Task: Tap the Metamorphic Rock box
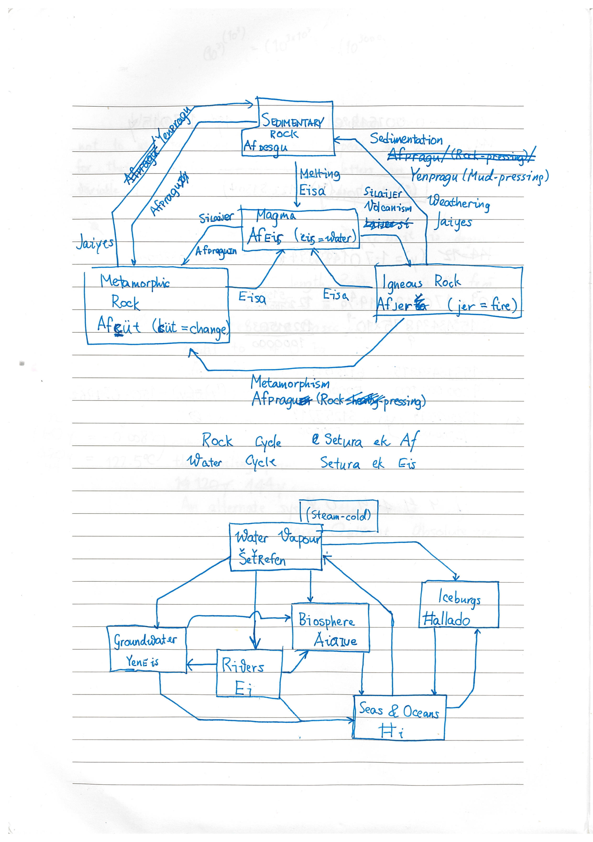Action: (x=157, y=306)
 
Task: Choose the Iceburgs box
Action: (x=459, y=605)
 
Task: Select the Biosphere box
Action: (x=330, y=628)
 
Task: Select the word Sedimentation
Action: (x=406, y=139)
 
